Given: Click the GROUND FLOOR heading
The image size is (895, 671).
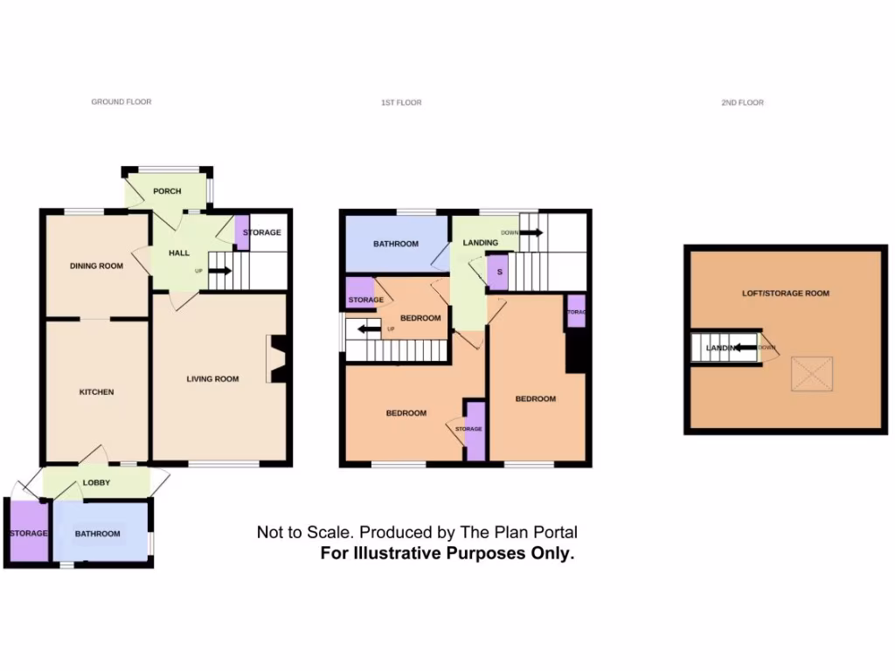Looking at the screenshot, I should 121,102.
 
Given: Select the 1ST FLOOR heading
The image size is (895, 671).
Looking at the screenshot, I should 401,103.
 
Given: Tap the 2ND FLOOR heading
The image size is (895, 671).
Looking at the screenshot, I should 742,103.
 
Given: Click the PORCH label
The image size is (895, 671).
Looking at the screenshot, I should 167,191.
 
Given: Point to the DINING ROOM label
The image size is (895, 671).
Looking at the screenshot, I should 96,266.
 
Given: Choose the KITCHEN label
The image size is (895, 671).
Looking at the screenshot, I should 97,392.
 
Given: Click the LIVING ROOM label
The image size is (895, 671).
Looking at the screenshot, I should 212,379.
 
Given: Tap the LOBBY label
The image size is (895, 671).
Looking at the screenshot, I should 96,482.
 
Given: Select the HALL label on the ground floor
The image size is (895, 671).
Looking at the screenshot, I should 179,253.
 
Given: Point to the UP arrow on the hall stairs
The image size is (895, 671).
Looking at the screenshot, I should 219,271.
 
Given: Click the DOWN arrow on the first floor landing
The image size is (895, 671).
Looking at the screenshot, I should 531,232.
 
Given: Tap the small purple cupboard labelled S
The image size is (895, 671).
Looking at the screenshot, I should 498,272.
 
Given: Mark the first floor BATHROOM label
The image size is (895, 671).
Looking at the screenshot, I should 396,244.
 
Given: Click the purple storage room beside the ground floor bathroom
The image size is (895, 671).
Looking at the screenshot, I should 27,533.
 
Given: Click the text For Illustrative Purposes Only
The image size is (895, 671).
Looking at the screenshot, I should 447,553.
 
